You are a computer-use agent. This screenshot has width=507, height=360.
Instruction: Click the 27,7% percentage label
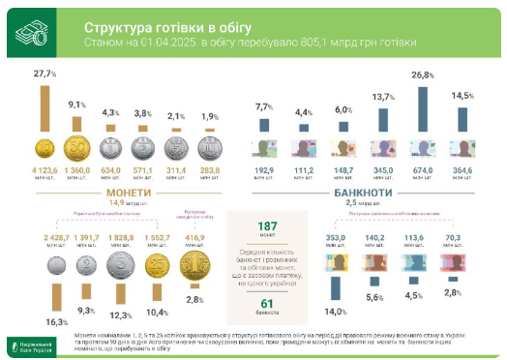click(44, 74)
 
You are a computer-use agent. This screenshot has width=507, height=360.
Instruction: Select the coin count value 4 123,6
click(43, 169)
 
